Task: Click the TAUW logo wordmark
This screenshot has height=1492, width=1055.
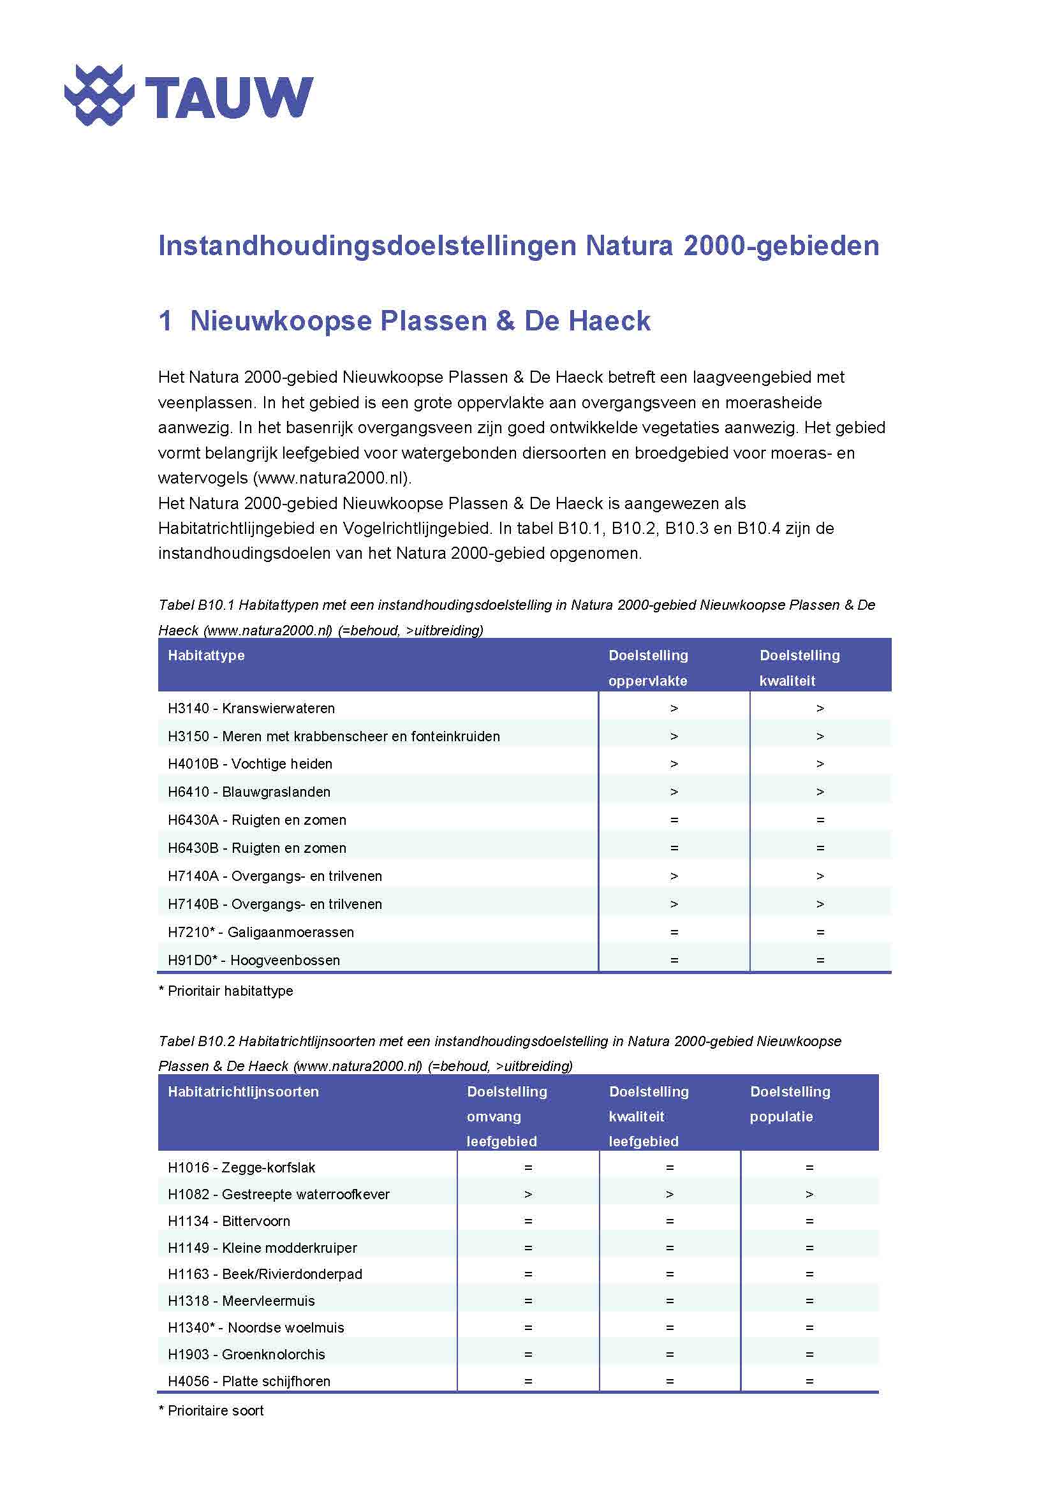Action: (x=229, y=97)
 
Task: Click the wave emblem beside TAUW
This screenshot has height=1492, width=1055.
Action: (x=99, y=96)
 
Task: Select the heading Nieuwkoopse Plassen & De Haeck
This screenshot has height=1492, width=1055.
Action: (x=420, y=321)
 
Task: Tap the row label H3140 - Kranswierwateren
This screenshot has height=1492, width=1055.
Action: (x=251, y=708)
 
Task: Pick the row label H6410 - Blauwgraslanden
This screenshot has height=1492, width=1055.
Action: (x=249, y=792)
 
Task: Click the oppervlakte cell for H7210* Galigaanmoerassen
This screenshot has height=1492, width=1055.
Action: (x=674, y=932)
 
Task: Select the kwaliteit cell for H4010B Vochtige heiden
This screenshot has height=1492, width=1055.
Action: (x=820, y=764)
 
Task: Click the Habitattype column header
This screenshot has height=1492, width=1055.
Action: (x=206, y=655)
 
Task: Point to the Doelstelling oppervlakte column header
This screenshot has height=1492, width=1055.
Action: (x=647, y=667)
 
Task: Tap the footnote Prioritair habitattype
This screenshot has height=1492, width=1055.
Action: (x=226, y=991)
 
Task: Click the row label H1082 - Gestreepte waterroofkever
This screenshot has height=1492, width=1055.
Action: (x=278, y=1193)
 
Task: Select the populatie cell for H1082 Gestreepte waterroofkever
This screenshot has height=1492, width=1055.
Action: (x=809, y=1193)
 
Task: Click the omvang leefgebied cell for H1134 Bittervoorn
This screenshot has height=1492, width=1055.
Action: (x=527, y=1221)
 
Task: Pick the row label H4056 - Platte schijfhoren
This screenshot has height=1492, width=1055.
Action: (x=249, y=1381)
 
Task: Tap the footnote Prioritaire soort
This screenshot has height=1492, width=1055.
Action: (x=212, y=1410)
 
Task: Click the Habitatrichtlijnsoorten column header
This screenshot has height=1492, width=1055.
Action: (x=243, y=1091)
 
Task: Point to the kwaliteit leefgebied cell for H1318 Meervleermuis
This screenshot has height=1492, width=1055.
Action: (x=669, y=1301)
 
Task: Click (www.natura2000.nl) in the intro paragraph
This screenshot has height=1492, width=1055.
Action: (x=332, y=478)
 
